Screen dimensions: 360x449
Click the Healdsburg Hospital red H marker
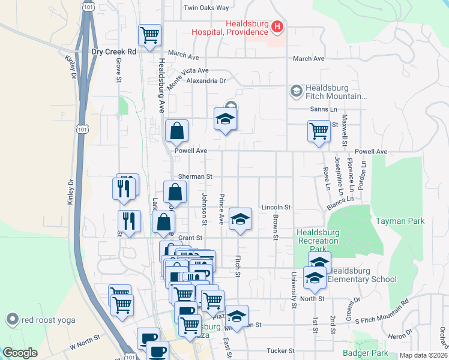277,26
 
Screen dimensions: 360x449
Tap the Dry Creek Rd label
114,52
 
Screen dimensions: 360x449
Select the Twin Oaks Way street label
206,8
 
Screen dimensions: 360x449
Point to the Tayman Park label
400,221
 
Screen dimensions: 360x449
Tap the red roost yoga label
48,320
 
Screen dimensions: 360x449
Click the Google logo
20,353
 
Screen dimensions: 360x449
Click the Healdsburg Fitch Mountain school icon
295,90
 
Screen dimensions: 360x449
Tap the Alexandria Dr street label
206,80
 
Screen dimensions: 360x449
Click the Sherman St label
196,177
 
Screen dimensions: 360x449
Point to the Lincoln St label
276,207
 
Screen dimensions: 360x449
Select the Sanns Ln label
324,109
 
